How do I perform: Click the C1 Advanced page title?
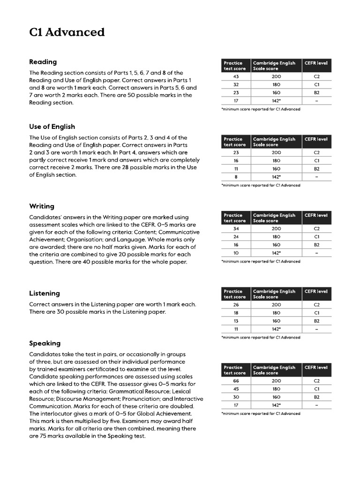[x=67, y=32]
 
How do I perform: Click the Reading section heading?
[x=43, y=61]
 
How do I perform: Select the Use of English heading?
[x=52, y=127]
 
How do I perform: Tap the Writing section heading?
[x=42, y=206]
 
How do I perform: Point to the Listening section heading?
[x=45, y=293]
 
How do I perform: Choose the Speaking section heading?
[x=45, y=344]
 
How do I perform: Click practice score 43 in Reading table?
[x=236, y=76]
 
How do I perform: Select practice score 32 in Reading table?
[x=236, y=84]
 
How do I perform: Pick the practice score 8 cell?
[x=236, y=177]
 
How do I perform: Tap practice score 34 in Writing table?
[x=236, y=229]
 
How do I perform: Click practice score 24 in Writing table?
[x=236, y=237]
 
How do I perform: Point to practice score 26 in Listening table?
[x=236, y=305]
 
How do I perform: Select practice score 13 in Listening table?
[x=236, y=321]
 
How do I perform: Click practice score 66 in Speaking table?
[x=236, y=381]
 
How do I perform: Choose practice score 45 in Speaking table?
[x=236, y=389]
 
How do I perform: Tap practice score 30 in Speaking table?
[x=236, y=397]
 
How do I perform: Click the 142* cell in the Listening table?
[x=276, y=329]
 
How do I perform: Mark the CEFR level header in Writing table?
[x=316, y=215]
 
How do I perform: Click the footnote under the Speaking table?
[x=261, y=413]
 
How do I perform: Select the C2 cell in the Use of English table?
[x=316, y=153]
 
